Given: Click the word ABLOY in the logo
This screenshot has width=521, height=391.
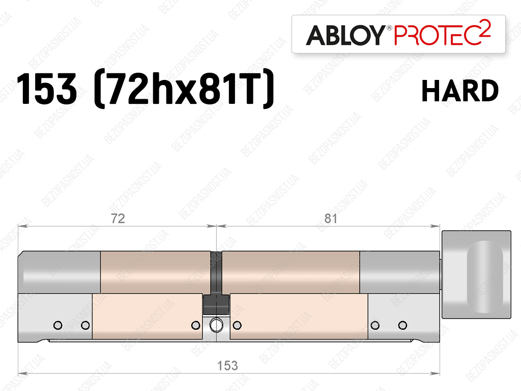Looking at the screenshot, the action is tap(345, 35).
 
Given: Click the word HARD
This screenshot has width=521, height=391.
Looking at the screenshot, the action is tap(460, 91).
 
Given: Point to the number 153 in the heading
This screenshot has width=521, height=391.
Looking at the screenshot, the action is tap(46, 89).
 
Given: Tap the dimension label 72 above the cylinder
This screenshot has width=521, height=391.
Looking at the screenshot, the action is tap(118, 218).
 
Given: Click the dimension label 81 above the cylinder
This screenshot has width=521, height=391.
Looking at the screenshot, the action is tap(331, 218).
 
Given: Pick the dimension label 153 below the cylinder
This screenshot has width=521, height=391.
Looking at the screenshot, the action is tap(227, 366).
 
